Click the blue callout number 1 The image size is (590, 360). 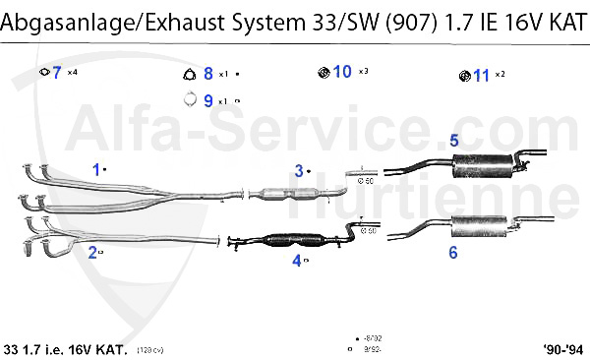point(96,168)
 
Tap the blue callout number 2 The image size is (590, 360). point(92,253)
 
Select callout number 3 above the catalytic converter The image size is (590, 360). point(299,170)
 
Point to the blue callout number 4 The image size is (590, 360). point(296,261)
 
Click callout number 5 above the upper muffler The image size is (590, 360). point(454,141)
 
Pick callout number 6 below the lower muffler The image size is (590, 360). point(453,253)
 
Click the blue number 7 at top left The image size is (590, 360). point(57,72)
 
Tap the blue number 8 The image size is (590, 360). point(207,74)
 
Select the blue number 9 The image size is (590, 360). point(207,99)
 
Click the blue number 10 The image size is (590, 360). point(342,71)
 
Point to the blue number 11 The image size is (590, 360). point(481,75)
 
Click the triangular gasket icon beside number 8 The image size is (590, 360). point(190,74)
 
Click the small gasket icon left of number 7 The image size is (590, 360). point(43,73)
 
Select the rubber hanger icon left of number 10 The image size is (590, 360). point(324,72)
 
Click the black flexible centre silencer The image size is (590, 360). point(295,240)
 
